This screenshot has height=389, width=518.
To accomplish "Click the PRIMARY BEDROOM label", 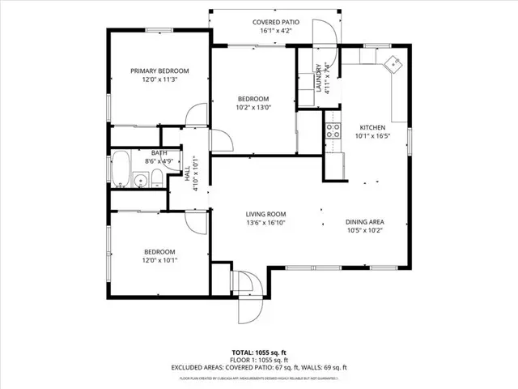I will (159, 71).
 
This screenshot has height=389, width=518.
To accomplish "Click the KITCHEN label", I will (373, 128).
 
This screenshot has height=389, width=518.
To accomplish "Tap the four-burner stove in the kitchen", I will (332, 128).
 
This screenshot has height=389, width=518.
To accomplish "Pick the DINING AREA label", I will (364, 221).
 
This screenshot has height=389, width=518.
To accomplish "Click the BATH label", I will (159, 152).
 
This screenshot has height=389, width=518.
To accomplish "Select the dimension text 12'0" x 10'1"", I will (159, 260).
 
